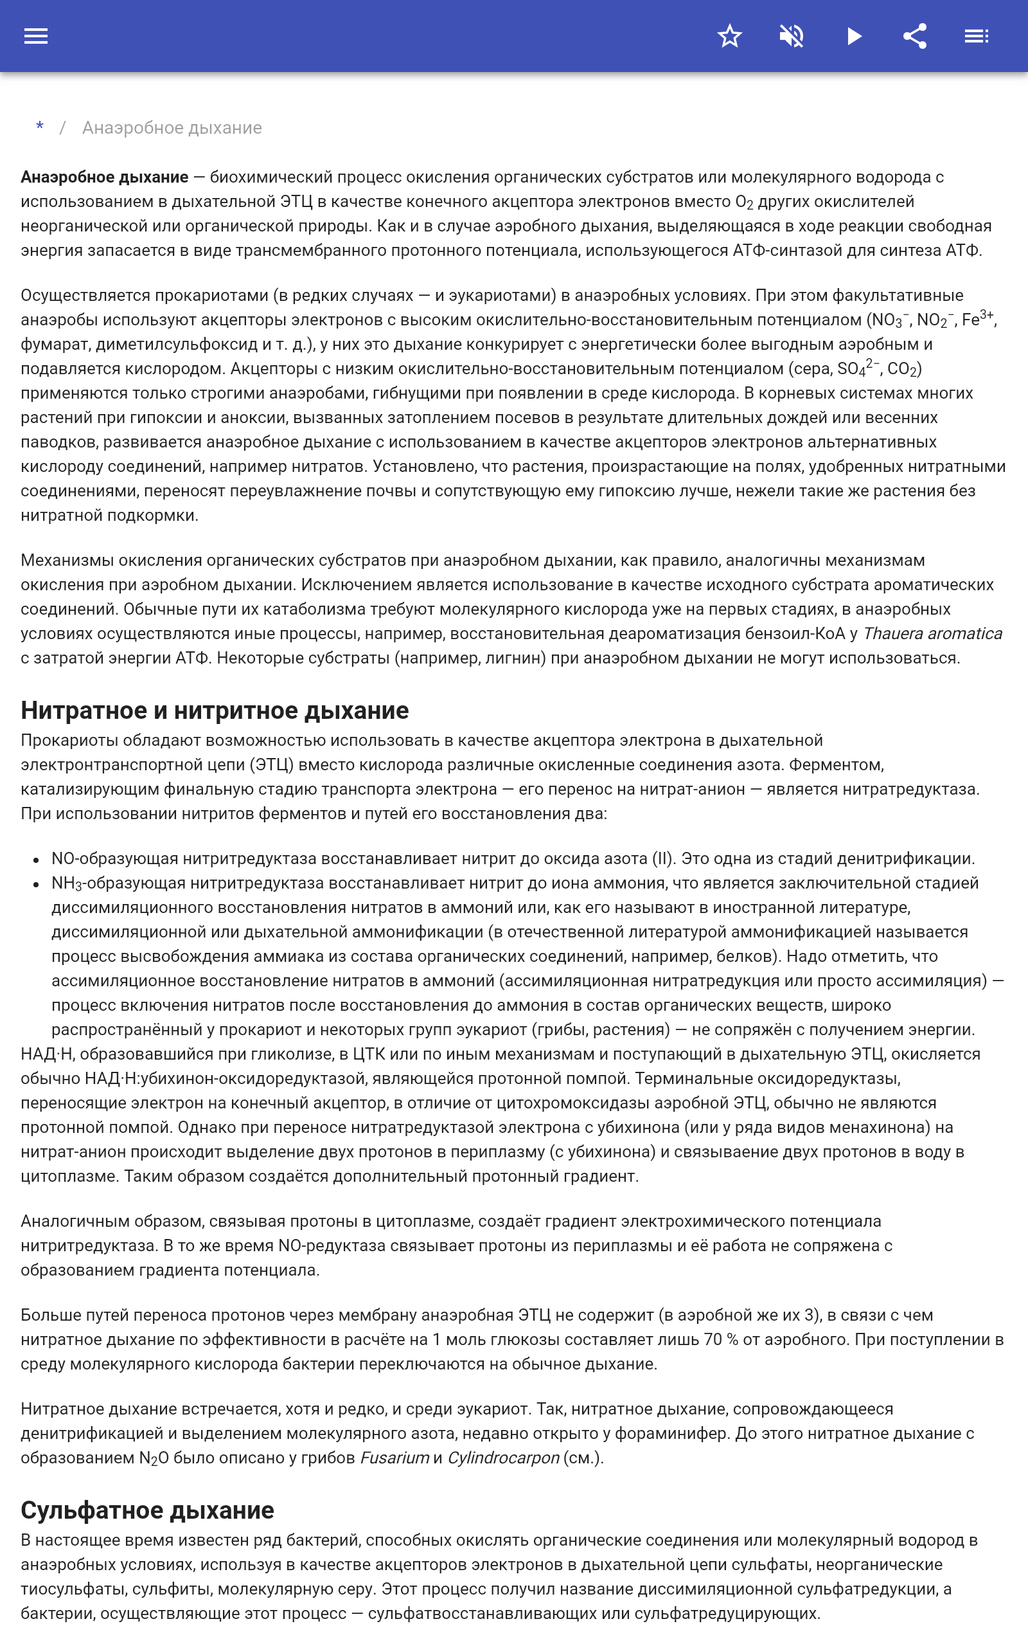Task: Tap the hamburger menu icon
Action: pyautogui.click(x=36, y=36)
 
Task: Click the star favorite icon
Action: pyautogui.click(x=729, y=36)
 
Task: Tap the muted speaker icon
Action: pyautogui.click(x=792, y=36)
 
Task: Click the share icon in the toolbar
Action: pyautogui.click(x=915, y=36)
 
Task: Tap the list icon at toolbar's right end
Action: pyautogui.click(x=977, y=36)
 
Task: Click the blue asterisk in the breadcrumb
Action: pyautogui.click(x=40, y=127)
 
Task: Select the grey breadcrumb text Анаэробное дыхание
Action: pyautogui.click(x=172, y=128)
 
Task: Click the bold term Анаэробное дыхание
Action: pyautogui.click(x=104, y=177)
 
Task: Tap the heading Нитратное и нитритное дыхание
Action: pyautogui.click(x=215, y=710)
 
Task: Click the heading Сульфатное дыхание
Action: pyautogui.click(x=148, y=1510)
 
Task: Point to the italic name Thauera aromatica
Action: pyautogui.click(x=932, y=633)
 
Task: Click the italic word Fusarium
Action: pyautogui.click(x=394, y=1458)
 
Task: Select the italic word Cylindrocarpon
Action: pyautogui.click(x=503, y=1458)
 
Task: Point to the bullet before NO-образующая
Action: pyautogui.click(x=36, y=860)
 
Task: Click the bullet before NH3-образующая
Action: pyautogui.click(x=36, y=884)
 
